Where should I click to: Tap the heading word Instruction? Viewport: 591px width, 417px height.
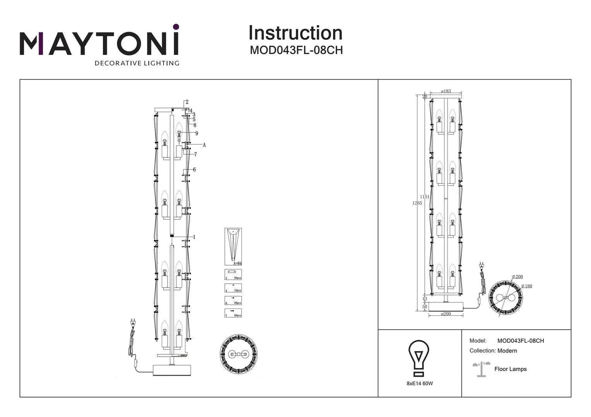coord(295,33)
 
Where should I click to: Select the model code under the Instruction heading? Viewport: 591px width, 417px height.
coord(296,50)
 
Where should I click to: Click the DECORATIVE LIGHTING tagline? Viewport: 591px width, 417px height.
coord(137,63)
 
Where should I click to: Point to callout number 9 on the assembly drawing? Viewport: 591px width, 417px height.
coord(196,134)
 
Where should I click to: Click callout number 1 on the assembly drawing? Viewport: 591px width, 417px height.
coord(194,237)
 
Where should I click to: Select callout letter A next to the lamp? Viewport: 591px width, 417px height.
coord(204,145)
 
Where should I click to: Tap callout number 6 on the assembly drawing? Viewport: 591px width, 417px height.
coord(194,170)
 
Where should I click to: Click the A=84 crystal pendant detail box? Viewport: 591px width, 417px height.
coord(233,246)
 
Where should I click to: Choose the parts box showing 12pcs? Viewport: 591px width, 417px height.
coord(233,288)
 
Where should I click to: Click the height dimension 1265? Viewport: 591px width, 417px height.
coord(417,203)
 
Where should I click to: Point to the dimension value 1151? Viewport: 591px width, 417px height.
coord(424,197)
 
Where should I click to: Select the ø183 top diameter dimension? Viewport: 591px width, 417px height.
coord(446,91)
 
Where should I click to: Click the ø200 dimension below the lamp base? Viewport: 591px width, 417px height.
coord(446,314)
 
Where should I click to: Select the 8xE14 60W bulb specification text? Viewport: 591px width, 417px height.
coord(420,383)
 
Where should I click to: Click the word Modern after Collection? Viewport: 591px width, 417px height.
coord(507,351)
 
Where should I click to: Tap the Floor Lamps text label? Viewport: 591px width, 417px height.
coord(510,369)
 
